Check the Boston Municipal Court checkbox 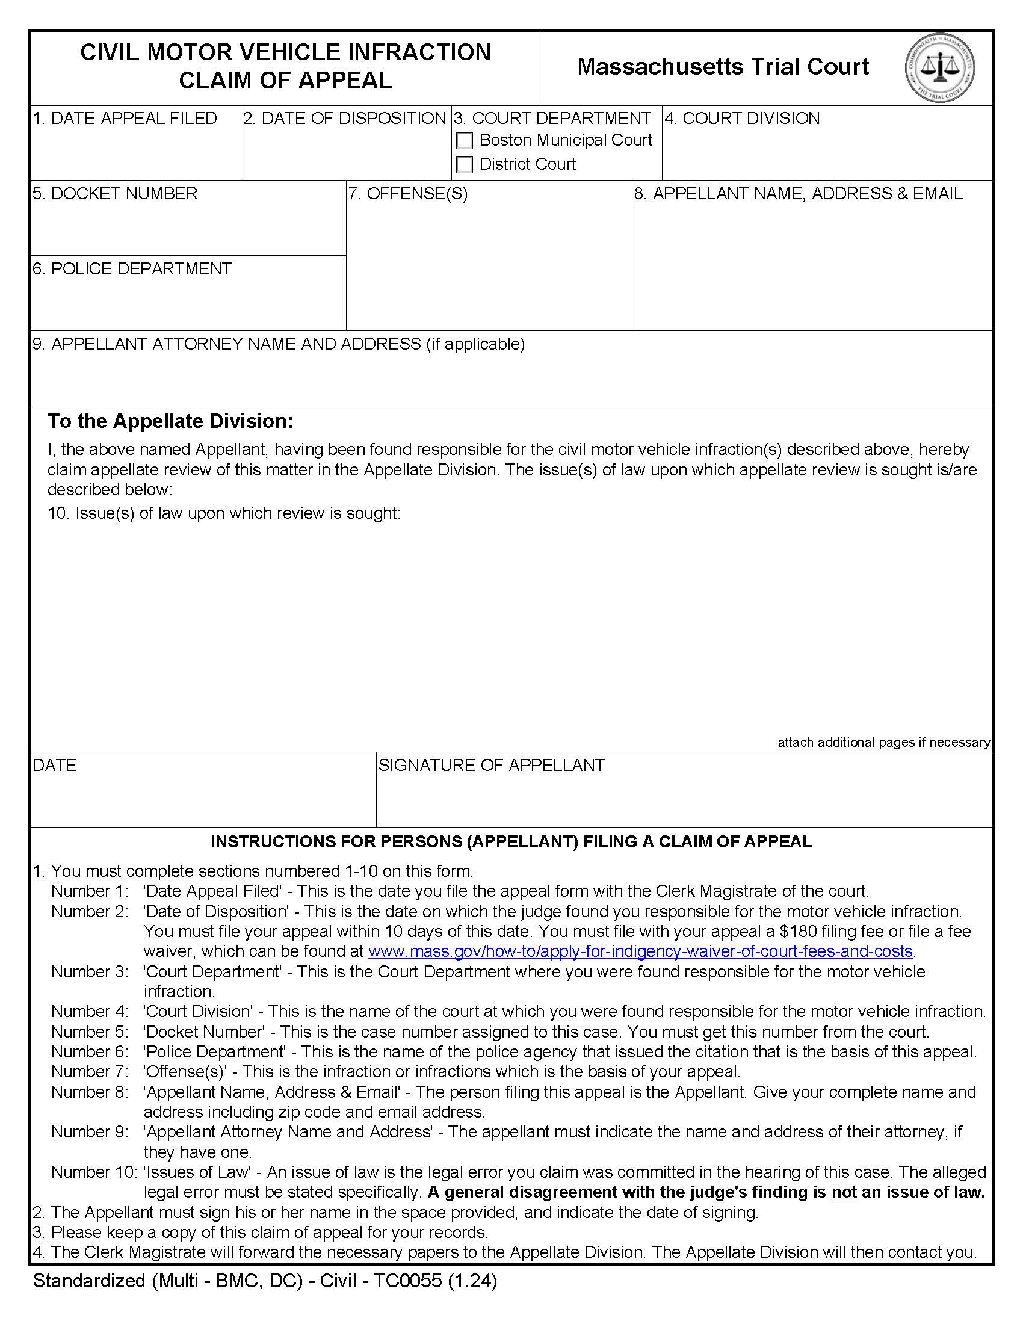pos(464,141)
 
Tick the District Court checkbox pos(464,164)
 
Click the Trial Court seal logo pos(940,67)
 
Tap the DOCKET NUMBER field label pos(115,193)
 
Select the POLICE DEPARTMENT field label pos(132,268)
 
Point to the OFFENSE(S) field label pos(408,193)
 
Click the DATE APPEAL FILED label pos(125,118)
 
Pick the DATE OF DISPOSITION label pos(344,118)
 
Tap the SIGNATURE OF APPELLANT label pos(492,765)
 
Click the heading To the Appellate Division pos(170,421)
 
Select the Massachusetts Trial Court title pos(722,67)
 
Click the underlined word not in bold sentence pos(844,1192)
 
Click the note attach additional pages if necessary pos(883,743)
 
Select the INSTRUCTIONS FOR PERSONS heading pos(511,841)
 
